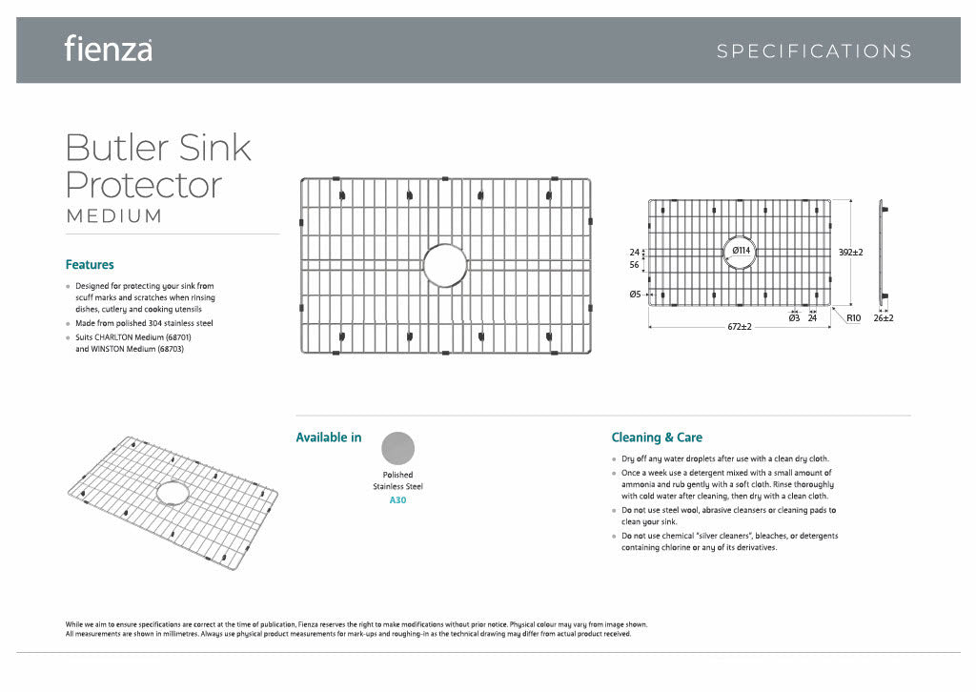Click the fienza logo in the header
point(108,49)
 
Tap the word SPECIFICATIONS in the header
point(814,51)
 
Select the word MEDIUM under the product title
point(114,216)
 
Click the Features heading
point(90,265)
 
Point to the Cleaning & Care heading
point(657,438)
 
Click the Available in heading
point(329,438)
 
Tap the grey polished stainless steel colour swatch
point(397,448)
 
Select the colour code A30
point(397,499)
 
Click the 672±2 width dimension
point(740,327)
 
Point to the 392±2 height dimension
point(850,253)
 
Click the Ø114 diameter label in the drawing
point(742,251)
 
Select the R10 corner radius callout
point(854,317)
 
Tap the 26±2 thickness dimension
point(884,317)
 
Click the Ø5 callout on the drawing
point(635,295)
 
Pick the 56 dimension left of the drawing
point(635,267)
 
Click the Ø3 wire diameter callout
point(794,317)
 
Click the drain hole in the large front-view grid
point(445,265)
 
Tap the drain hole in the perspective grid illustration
point(173,493)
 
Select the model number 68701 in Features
point(177,336)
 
